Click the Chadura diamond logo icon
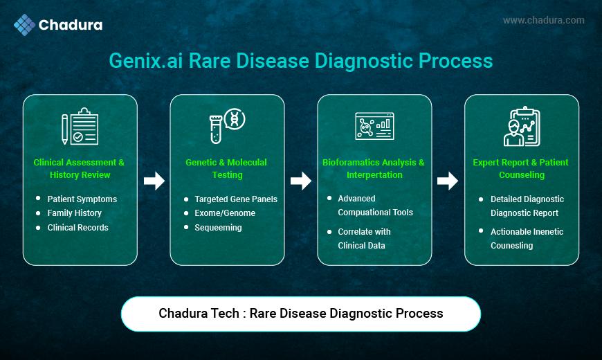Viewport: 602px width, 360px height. [x=25, y=25]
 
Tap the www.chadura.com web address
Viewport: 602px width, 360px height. [x=544, y=20]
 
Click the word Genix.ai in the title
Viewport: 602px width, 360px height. [x=146, y=61]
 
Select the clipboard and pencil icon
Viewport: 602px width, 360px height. [x=80, y=127]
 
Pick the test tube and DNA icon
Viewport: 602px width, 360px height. [x=227, y=126]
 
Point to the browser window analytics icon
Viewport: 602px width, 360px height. [x=374, y=126]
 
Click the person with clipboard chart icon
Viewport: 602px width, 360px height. [x=522, y=127]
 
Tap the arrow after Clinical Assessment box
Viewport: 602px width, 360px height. [x=154, y=181]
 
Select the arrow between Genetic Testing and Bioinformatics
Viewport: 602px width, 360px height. [x=300, y=181]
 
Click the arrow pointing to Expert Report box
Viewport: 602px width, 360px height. [x=448, y=181]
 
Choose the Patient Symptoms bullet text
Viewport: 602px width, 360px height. [x=82, y=199]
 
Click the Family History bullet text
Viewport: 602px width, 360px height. [x=75, y=213]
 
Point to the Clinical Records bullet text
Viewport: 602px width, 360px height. [x=78, y=228]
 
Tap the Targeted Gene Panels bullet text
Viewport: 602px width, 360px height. [x=236, y=199]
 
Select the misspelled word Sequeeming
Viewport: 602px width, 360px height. [x=218, y=228]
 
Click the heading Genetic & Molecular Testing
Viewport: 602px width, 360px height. [x=226, y=168]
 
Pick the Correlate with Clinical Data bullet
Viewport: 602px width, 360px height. [x=364, y=239]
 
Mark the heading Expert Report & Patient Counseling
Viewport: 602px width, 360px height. [x=520, y=168]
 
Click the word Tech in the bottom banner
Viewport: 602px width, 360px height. [x=228, y=313]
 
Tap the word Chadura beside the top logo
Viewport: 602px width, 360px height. [x=71, y=25]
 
